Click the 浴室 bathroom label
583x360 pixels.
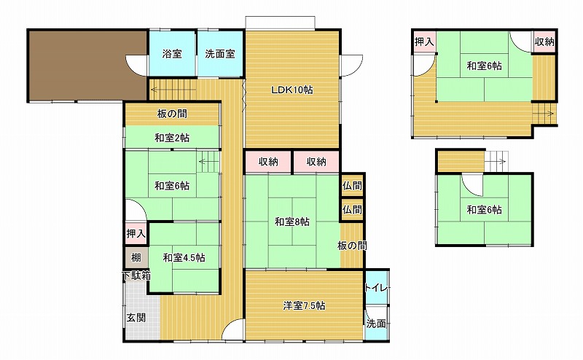pyautogui.click(x=172, y=54)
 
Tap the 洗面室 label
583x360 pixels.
pyautogui.click(x=220, y=54)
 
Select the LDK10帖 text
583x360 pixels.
pyautogui.click(x=292, y=90)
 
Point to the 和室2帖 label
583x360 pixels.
pyautogui.click(x=172, y=138)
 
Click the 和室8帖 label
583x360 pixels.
pyautogui.click(x=292, y=222)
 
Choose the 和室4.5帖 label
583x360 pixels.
pyautogui.click(x=184, y=258)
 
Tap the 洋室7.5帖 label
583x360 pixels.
pyautogui.click(x=304, y=305)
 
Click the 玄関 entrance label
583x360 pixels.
pyautogui.click(x=136, y=318)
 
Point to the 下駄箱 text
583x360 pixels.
pyautogui.click(x=136, y=276)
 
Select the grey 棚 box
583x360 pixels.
pyautogui.click(x=136, y=258)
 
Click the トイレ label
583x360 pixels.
pyautogui.click(x=376, y=288)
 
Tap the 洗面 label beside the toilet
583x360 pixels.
pyautogui.click(x=376, y=324)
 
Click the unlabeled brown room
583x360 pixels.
pyautogui.click(x=87, y=66)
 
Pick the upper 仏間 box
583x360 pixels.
pyautogui.click(x=352, y=186)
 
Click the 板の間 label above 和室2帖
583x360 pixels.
pyautogui.click(x=172, y=114)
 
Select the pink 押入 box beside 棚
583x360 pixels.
pyautogui.click(x=136, y=233)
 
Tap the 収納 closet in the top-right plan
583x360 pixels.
pyautogui.click(x=544, y=42)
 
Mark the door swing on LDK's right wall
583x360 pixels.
pyautogui.click(x=351, y=66)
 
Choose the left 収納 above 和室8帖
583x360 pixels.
pyautogui.click(x=268, y=162)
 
